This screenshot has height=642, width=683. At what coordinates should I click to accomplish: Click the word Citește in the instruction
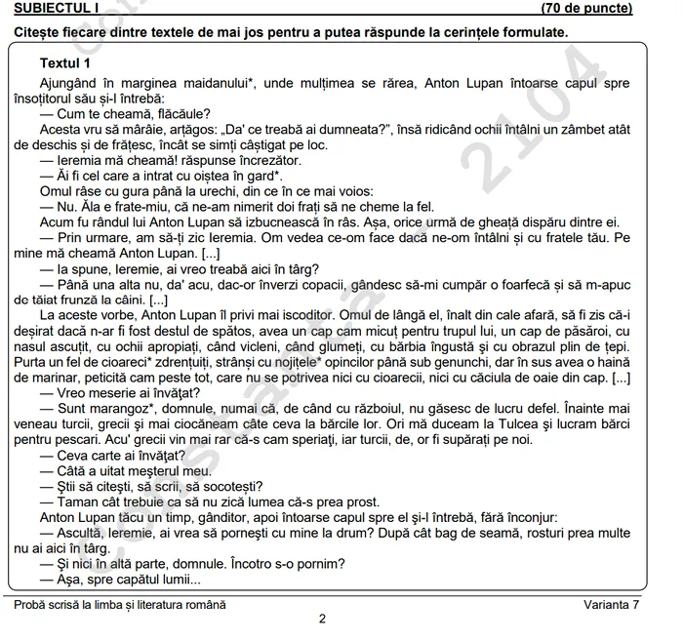38,32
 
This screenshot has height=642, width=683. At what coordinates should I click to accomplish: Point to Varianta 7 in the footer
612,604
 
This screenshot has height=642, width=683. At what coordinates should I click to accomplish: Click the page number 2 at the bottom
323,619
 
